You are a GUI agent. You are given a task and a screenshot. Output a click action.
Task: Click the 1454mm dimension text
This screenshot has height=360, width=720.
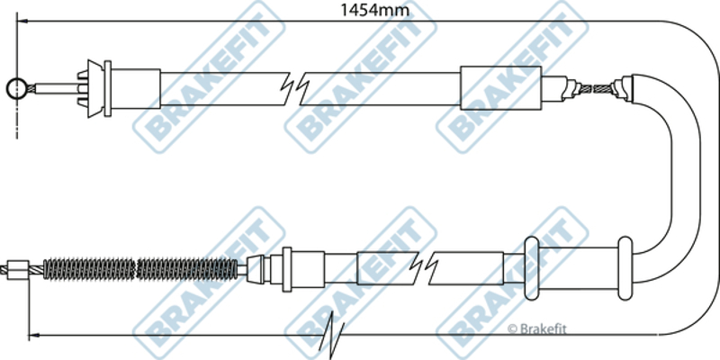point(373,9)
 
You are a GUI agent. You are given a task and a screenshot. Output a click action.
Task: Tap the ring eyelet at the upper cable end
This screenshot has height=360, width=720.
point(16,88)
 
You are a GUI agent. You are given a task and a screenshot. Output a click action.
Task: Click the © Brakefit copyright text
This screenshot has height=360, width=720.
point(536,328)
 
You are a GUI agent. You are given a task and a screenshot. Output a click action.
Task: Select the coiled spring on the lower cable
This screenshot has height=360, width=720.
point(140,269)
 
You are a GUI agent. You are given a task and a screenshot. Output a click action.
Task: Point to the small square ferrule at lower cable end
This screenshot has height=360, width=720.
point(19,270)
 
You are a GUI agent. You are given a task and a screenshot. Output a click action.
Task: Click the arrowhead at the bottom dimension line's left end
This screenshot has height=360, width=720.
point(34,336)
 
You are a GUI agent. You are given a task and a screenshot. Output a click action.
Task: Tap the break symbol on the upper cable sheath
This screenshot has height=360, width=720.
point(295,87)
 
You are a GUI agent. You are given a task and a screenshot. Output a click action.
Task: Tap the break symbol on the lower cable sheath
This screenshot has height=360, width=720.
point(424,268)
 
